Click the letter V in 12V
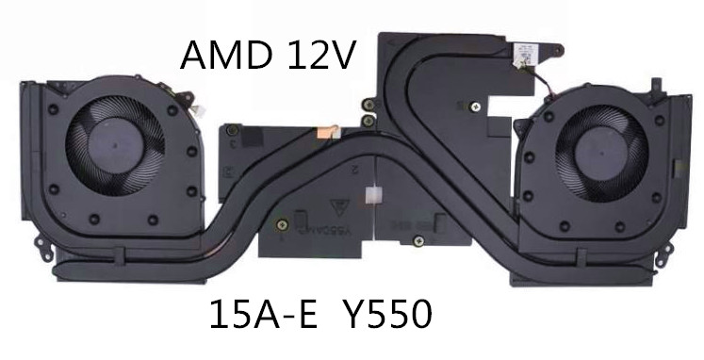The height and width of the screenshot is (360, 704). tap(342, 57)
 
